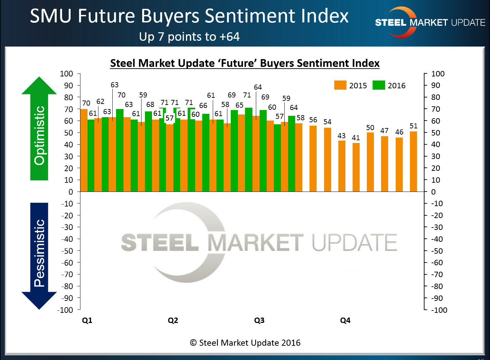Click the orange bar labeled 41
click(x=356, y=167)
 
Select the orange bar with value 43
click(x=341, y=166)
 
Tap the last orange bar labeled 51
click(x=413, y=161)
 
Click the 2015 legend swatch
click(x=340, y=85)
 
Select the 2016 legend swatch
click(x=379, y=85)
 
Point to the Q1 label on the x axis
click(x=87, y=320)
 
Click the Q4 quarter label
click(x=345, y=320)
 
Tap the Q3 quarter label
click(x=259, y=320)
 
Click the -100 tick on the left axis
click(x=65, y=310)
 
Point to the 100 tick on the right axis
click(x=438, y=74)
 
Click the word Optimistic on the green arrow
click(x=39, y=136)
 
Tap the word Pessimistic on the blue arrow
click(x=39, y=253)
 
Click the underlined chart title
click(x=245, y=63)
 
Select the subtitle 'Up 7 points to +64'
click(x=189, y=36)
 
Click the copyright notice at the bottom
click(x=245, y=343)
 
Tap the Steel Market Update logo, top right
click(x=430, y=22)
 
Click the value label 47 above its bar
click(x=384, y=130)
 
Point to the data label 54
click(x=327, y=122)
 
